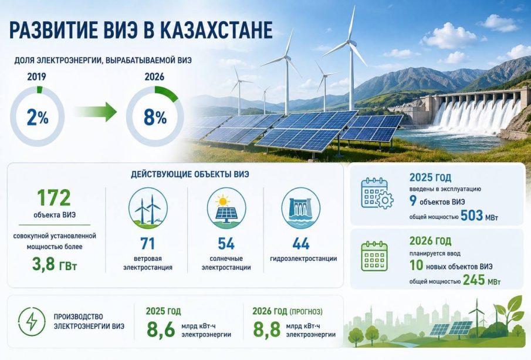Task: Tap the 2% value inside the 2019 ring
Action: click(x=37, y=117)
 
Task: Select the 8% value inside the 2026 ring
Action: click(x=155, y=117)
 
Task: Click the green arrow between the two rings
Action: click(x=96, y=111)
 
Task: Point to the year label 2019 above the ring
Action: click(x=36, y=76)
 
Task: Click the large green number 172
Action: click(x=54, y=198)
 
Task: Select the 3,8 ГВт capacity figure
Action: click(x=55, y=264)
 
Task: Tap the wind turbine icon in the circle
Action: click(x=148, y=208)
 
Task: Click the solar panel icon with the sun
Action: click(x=226, y=208)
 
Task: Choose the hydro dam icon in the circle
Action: click(x=301, y=208)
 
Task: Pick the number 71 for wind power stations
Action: click(x=148, y=244)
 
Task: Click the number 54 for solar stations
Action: click(x=226, y=244)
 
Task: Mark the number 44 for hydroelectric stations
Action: click(x=301, y=244)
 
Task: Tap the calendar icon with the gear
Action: click(x=377, y=193)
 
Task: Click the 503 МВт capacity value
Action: click(x=479, y=216)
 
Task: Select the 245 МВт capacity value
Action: click(x=482, y=280)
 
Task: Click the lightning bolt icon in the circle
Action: click(x=32, y=321)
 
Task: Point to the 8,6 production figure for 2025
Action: click(x=161, y=329)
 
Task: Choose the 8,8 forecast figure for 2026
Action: click(x=267, y=329)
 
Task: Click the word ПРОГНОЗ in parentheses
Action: click(x=306, y=311)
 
